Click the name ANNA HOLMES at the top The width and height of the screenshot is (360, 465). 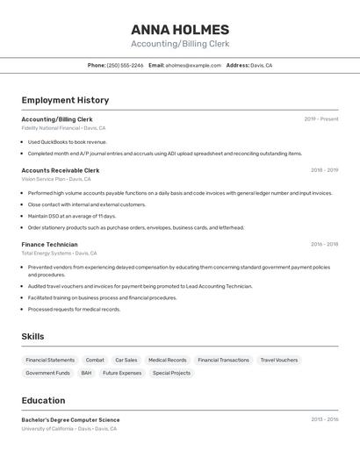[180, 29]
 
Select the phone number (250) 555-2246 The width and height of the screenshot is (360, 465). [125, 65]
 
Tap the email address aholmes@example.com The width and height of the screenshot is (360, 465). [193, 65]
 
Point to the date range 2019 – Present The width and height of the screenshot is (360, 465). [320, 119]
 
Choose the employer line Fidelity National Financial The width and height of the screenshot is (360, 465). [63, 128]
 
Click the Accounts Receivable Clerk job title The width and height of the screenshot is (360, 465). [61, 170]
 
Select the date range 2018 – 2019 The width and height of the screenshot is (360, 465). [324, 170]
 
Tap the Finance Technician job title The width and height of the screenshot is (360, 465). [49, 244]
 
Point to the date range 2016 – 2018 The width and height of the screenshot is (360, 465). [324, 244]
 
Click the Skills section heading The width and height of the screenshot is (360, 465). [32, 336]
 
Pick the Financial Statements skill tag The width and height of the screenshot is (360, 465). [50, 360]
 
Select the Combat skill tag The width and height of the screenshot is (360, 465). [95, 360]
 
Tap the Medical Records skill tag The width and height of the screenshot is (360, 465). [167, 360]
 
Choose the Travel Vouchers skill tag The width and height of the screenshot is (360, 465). [279, 360]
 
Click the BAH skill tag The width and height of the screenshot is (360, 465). [86, 373]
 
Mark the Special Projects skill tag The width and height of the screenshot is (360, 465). [171, 373]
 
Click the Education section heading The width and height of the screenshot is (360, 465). [43, 400]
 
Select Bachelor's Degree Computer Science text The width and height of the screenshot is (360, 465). [70, 419]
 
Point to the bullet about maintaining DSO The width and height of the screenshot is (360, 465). [72, 216]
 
